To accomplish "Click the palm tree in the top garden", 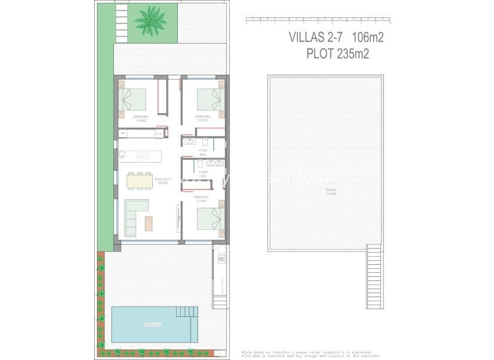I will tap(150, 20).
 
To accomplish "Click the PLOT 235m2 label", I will tap(338, 54).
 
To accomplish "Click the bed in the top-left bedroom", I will tap(133, 99).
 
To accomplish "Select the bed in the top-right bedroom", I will tap(210, 99).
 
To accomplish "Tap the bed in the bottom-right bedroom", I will tap(210, 219).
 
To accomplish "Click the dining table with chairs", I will tap(139, 181).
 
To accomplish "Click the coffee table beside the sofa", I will tap(149, 224).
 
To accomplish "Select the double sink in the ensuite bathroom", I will tap(215, 163).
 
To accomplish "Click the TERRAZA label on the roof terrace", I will tap(331, 191).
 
